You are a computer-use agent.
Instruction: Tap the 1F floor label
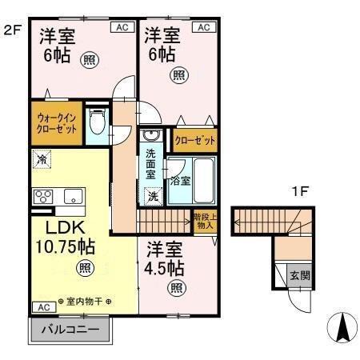coord(300,192)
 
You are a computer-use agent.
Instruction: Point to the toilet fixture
coord(96,123)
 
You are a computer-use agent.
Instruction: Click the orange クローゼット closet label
coord(195,141)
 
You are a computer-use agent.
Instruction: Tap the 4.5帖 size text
coord(166,266)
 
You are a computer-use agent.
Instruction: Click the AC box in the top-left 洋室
coord(122,27)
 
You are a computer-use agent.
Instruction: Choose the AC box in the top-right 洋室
coord(203,27)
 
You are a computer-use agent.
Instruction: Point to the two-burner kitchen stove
coord(43,195)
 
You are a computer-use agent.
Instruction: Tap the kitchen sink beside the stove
coord(71,195)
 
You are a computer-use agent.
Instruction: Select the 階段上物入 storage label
coord(204,219)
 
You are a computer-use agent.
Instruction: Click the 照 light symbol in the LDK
coord(83,269)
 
